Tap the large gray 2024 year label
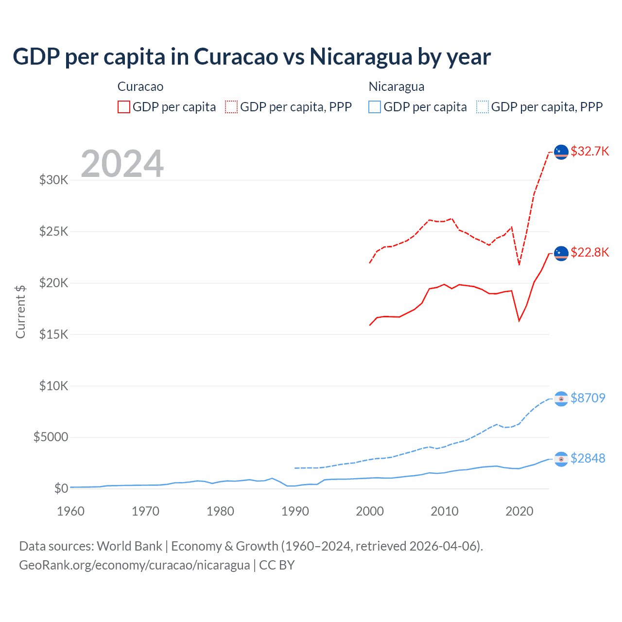122,164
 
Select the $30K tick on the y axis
53,180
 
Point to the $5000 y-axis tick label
51,437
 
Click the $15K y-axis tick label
53,334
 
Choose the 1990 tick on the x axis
295,511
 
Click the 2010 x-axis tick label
445,511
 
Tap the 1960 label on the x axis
71,511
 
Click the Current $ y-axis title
20,311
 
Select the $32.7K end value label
589,151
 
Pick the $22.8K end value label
589,252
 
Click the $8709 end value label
587,398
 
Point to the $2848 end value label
587,458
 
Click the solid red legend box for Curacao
124,107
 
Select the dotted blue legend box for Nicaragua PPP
483,107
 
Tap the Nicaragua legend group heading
397,86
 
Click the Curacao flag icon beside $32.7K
561,152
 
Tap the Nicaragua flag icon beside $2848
561,459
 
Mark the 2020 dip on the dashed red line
519,264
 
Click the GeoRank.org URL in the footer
134,565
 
